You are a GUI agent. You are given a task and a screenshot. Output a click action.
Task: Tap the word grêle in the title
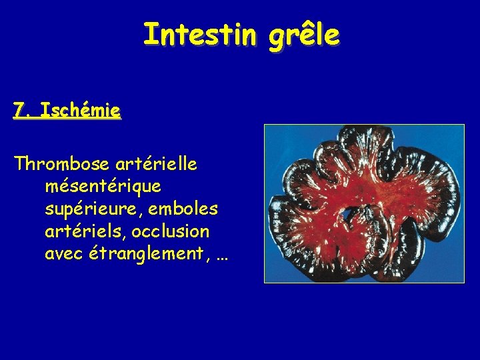coord(304,35)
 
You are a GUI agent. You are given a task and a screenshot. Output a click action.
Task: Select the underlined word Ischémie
coord(80,110)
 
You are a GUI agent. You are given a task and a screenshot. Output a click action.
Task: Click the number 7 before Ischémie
coord(19,110)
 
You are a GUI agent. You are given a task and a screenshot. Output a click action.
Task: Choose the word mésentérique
coord(103,187)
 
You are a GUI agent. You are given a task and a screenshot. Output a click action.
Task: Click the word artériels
coord(85,231)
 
